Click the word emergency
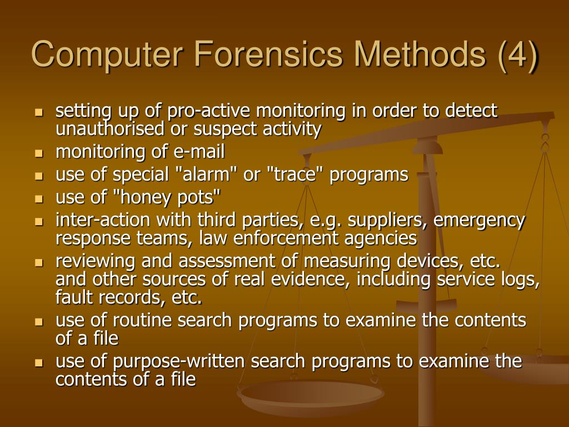[479, 221]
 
